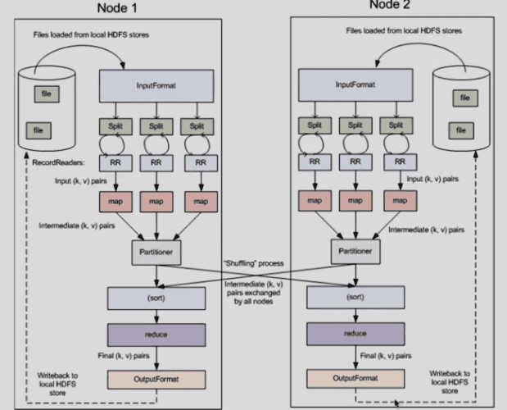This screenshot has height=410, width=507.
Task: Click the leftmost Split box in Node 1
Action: point(115,127)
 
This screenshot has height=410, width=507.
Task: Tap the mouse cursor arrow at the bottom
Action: point(397,403)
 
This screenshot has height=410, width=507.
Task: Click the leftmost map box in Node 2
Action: point(311,199)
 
